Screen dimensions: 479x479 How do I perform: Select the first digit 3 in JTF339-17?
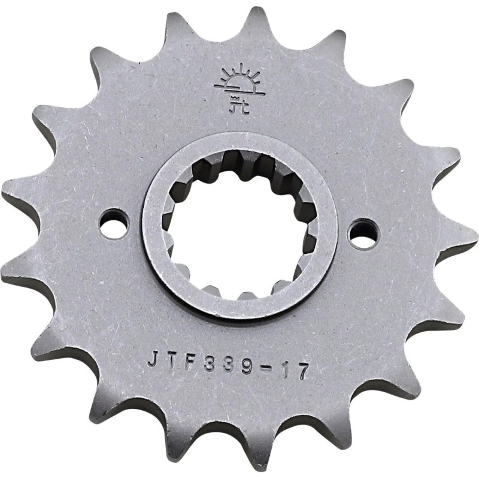[210, 364]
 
